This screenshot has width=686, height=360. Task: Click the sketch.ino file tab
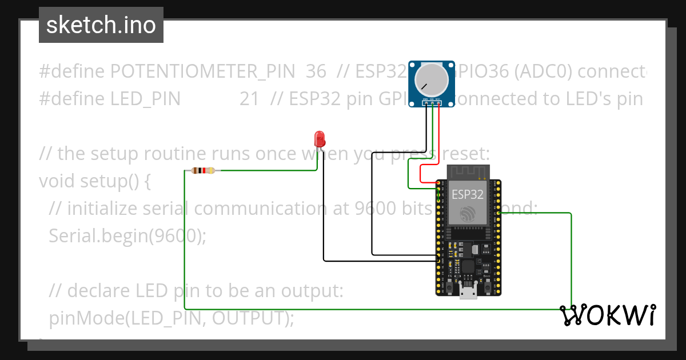point(101,25)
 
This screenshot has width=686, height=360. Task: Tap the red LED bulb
point(320,138)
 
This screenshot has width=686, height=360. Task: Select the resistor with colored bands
point(204,170)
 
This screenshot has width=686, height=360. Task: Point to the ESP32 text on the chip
point(468,194)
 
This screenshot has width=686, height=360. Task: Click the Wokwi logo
point(607,315)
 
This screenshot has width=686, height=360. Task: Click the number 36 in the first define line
point(316,71)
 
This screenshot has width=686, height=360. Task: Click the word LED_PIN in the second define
point(145,99)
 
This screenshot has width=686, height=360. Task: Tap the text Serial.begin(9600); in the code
point(127,235)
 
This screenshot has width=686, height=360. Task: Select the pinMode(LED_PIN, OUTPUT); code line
point(171,318)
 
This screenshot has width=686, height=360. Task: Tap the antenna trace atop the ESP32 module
point(468,171)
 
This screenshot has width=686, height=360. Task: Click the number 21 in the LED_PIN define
point(249,99)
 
